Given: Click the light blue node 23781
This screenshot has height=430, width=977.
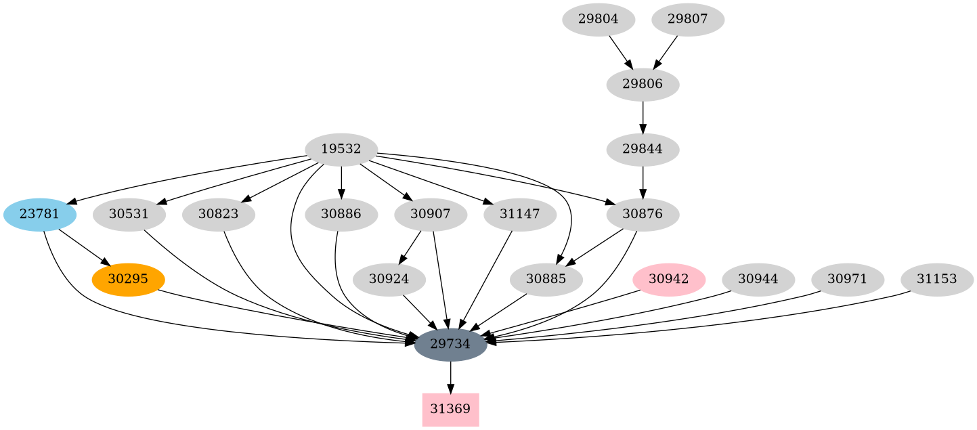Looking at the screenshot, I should (x=40, y=215).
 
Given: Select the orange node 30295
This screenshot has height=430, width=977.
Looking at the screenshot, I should (x=128, y=279).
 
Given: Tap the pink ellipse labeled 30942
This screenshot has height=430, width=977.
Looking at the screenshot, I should (x=669, y=279).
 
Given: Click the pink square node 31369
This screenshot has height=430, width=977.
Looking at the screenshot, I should (x=450, y=410).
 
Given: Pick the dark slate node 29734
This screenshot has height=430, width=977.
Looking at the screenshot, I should (x=450, y=344).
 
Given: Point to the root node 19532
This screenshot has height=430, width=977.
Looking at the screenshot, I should (x=341, y=149).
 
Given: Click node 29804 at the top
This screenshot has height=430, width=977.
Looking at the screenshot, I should (x=599, y=20).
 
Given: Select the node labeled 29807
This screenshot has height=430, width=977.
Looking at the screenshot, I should (x=688, y=20).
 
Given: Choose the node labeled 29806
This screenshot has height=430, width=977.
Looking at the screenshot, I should (x=643, y=85).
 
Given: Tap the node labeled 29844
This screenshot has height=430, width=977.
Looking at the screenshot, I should (x=643, y=149).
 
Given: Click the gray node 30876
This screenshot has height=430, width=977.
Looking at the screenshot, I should (x=643, y=215).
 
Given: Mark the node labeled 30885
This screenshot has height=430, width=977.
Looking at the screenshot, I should (x=546, y=279).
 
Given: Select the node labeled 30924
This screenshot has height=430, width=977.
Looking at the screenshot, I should (x=389, y=279).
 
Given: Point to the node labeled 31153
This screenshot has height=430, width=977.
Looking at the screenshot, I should (x=937, y=279).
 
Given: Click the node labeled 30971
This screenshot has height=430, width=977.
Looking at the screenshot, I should (x=848, y=279).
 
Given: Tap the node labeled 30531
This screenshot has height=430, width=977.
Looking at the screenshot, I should (x=128, y=215).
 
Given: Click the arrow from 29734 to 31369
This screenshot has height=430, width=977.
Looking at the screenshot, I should (x=450, y=377).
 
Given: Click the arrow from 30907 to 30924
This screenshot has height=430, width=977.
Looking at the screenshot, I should (x=411, y=247).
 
